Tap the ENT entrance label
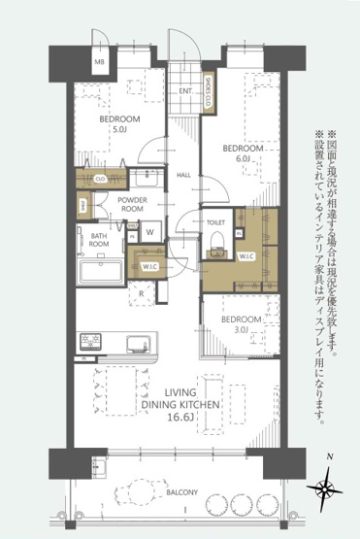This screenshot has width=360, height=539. [x=184, y=91]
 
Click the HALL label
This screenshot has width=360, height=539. [x=183, y=175]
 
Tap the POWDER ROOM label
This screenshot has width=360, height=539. [x=132, y=204]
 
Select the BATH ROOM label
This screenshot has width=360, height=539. [x=99, y=240]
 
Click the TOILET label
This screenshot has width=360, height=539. [x=215, y=222]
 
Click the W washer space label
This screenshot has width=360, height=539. [x=150, y=231]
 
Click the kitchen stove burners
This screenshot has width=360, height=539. [x=91, y=342]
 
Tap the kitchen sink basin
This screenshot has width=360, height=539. [x=137, y=342]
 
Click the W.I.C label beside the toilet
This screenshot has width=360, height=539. [x=245, y=256]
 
